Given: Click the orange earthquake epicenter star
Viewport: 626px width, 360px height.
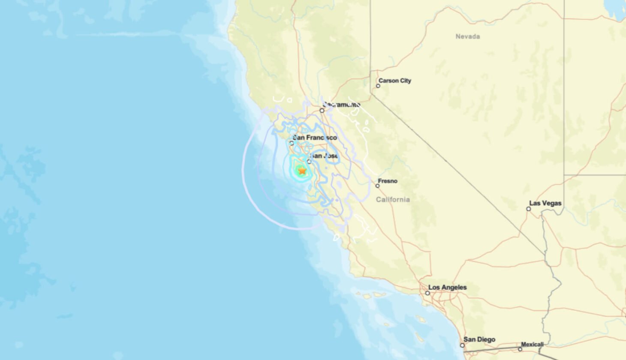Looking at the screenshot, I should tap(302, 171).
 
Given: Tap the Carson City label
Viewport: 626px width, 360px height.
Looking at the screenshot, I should tap(394, 81).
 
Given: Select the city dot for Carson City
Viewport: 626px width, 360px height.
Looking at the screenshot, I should tap(378, 86).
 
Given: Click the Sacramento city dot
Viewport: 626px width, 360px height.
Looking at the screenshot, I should tap(322, 111).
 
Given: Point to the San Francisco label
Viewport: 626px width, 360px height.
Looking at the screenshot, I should tap(315, 138).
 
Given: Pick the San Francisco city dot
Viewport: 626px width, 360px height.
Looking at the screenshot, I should tap(292, 143).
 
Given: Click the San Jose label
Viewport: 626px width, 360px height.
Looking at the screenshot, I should tap(325, 156).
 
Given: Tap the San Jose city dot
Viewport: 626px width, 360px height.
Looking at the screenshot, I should tap(309, 162).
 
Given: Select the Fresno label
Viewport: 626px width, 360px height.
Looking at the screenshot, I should tap(388, 181).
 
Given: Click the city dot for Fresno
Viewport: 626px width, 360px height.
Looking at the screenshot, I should tap(378, 186).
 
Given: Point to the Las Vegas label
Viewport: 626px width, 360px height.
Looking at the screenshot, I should tap(545, 203).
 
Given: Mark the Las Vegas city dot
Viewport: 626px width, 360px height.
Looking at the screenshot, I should tap(529, 209).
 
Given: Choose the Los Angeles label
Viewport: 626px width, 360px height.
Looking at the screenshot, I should tap(448, 287).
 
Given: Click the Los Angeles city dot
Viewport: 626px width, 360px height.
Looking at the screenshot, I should tap(427, 293).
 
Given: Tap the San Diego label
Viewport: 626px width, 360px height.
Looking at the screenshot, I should tap(479, 339).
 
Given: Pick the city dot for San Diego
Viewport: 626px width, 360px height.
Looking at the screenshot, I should tap(463, 345).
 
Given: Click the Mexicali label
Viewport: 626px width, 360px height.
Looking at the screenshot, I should tap(532, 344).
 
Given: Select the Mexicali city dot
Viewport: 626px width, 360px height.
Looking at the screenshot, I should tap(520, 349).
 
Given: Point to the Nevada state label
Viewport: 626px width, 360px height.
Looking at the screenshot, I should tap(467, 36).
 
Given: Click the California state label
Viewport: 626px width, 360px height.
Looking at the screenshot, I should tap(393, 199).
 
